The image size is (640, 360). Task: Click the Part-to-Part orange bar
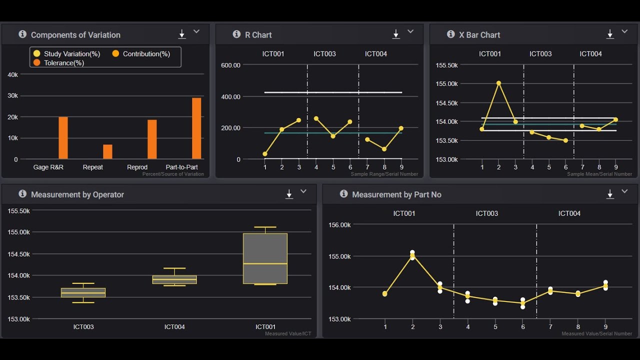click(196, 128)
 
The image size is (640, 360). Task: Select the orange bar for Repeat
click(107, 151)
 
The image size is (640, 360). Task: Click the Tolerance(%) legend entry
click(63, 63)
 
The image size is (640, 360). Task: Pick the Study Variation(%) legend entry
click(71, 54)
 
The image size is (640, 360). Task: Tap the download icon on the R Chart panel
click(396, 34)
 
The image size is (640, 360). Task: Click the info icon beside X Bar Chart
click(450, 34)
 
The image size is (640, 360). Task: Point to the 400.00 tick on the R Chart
click(230, 96)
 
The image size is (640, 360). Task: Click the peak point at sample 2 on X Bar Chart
click(498, 83)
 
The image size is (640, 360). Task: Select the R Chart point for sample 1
click(264, 154)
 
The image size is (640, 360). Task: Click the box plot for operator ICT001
click(265, 258)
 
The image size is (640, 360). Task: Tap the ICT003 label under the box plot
click(83, 327)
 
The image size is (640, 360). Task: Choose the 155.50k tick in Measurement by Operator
click(18, 211)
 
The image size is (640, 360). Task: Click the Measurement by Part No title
click(396, 194)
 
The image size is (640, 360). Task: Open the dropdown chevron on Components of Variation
click(196, 31)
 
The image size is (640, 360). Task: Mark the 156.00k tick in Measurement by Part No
click(339, 225)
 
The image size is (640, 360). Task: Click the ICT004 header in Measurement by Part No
click(569, 213)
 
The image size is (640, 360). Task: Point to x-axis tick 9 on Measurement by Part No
click(605, 327)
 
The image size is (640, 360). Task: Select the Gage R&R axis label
click(48, 167)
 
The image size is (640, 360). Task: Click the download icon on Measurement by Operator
click(289, 194)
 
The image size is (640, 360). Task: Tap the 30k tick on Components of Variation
click(13, 95)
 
